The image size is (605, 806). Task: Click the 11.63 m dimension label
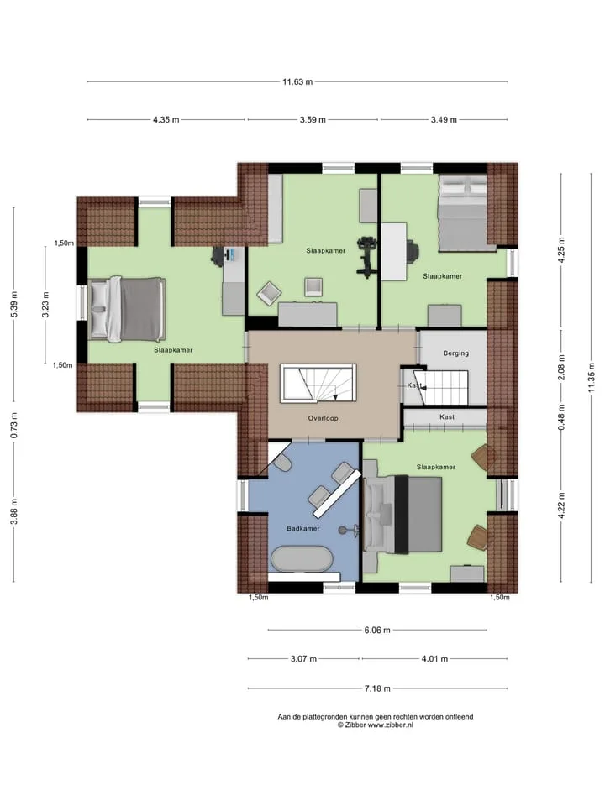(x=297, y=81)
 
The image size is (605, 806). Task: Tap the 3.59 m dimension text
(x=313, y=120)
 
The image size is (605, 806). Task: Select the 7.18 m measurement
(x=377, y=688)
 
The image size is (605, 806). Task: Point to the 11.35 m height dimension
(x=591, y=377)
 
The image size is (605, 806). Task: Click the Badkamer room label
(x=303, y=528)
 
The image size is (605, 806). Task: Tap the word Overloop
(x=323, y=418)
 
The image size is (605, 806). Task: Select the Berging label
(x=455, y=353)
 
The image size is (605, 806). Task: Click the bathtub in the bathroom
(x=302, y=558)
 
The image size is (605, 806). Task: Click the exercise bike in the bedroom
(x=366, y=257)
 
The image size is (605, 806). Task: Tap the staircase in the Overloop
(x=318, y=383)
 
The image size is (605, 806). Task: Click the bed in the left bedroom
(x=127, y=309)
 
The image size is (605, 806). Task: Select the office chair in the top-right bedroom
(x=413, y=251)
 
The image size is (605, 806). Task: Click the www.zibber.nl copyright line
(x=375, y=725)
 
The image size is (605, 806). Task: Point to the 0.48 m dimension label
(x=561, y=417)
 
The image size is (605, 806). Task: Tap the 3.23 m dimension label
(x=45, y=305)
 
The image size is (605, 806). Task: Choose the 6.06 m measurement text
(x=377, y=630)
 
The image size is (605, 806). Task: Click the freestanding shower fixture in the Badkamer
(x=347, y=530)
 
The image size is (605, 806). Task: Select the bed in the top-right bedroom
(x=462, y=213)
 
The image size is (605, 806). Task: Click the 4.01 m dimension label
(x=434, y=658)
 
